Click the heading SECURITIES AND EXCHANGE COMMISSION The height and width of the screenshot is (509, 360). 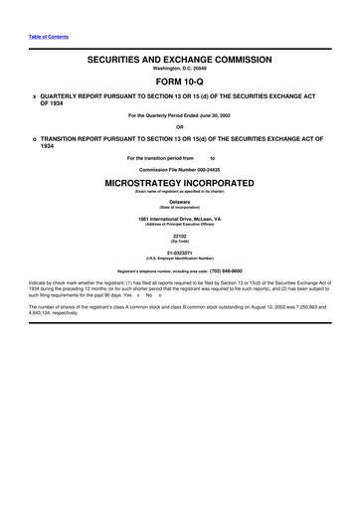(x=179, y=61)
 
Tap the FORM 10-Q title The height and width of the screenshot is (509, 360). (x=180, y=84)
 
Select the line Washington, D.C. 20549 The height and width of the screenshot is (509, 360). (x=180, y=70)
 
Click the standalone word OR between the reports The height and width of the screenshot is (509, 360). (x=180, y=126)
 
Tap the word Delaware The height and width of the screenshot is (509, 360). (x=180, y=202)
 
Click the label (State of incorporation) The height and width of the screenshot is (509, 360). (x=180, y=208)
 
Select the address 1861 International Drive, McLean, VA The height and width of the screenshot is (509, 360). (x=180, y=218)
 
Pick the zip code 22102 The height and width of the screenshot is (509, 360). (x=180, y=235)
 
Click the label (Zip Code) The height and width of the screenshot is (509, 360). (x=180, y=241)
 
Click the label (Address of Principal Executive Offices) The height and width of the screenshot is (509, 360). (x=180, y=224)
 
